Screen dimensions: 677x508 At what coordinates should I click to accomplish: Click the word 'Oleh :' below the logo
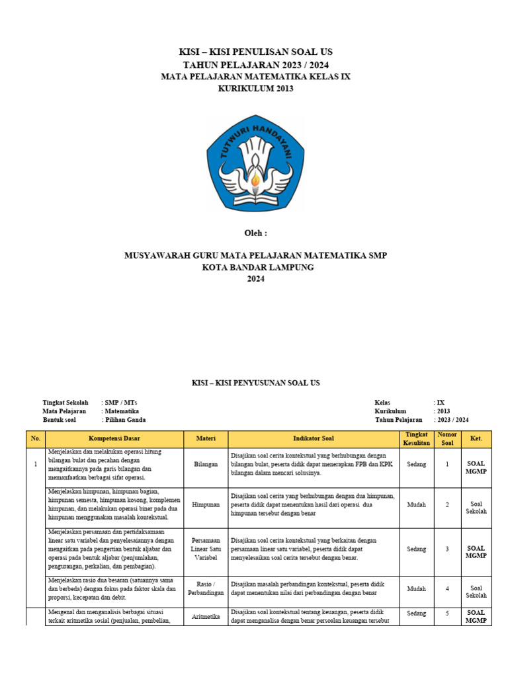[255, 233]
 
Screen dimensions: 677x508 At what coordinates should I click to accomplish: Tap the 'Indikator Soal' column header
[314, 438]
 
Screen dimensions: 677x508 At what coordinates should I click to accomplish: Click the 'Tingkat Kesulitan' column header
[417, 438]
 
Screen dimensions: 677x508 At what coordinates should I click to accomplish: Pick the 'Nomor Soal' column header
[447, 438]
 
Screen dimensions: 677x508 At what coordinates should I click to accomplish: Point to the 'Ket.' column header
[476, 438]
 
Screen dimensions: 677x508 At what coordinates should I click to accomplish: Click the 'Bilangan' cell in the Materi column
[206, 465]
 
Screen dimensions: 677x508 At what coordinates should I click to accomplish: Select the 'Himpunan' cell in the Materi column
[206, 504]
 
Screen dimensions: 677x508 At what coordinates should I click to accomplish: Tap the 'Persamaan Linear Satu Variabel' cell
[206, 549]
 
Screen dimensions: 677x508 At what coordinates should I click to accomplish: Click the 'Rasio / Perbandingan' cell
[206, 588]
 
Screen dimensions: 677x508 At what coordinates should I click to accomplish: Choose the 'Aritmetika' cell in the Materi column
[206, 616]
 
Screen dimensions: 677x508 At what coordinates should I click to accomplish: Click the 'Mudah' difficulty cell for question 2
[417, 504]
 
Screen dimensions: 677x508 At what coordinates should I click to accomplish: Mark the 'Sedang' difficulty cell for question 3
[417, 549]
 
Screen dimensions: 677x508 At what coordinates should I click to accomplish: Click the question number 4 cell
[447, 588]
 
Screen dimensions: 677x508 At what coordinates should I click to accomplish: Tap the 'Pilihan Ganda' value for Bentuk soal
[126, 420]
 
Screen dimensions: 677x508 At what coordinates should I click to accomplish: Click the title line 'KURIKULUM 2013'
[255, 89]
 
